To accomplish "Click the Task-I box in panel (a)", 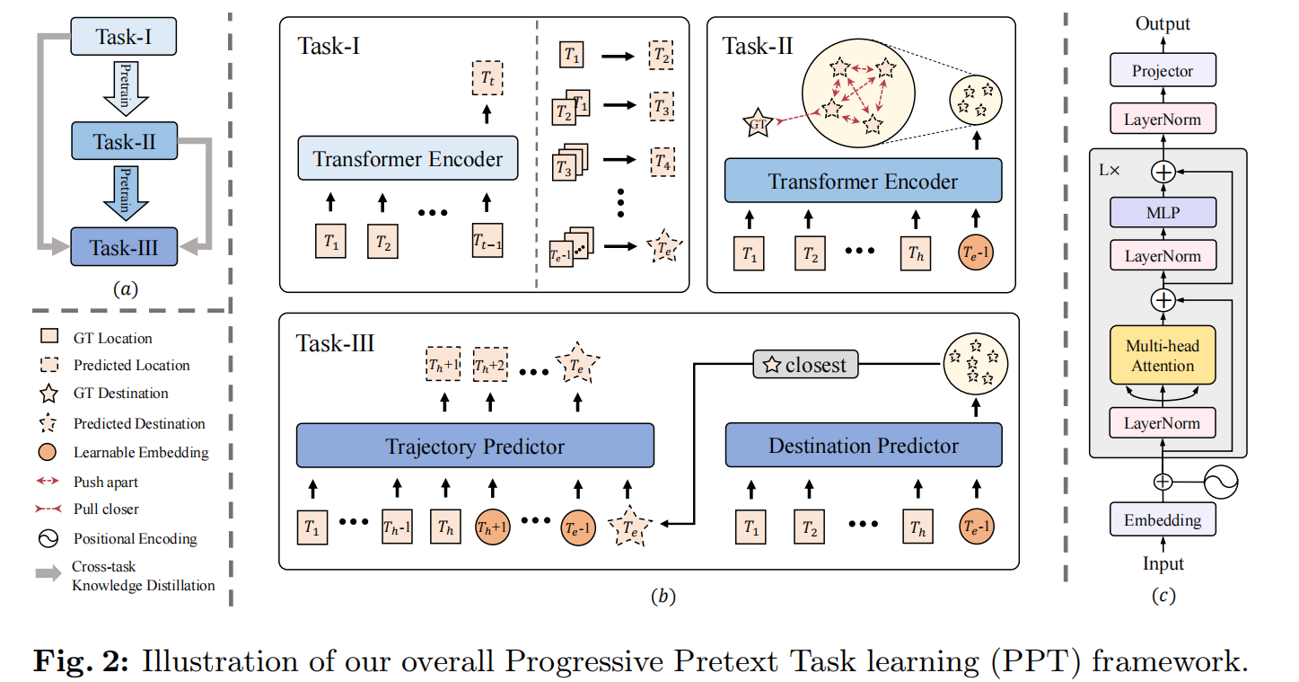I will (x=124, y=38).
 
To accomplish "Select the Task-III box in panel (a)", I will (x=124, y=245).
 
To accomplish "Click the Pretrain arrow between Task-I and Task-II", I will (x=125, y=87).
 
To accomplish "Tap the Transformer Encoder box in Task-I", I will (x=408, y=159).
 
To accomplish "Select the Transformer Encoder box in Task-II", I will (x=862, y=182).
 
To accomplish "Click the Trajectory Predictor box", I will (x=475, y=446).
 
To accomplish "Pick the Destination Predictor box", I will (x=863, y=446).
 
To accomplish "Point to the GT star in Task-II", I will (x=759, y=121).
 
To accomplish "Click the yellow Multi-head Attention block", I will (x=1163, y=356).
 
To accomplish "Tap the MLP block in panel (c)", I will (x=1163, y=213).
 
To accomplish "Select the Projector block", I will (x=1163, y=71).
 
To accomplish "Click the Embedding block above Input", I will (x=1163, y=519).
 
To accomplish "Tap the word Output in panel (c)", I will (x=1163, y=23).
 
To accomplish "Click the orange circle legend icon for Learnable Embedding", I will (x=50, y=452).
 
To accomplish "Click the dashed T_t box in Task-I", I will (x=487, y=78).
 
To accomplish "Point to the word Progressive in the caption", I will (x=586, y=662).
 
